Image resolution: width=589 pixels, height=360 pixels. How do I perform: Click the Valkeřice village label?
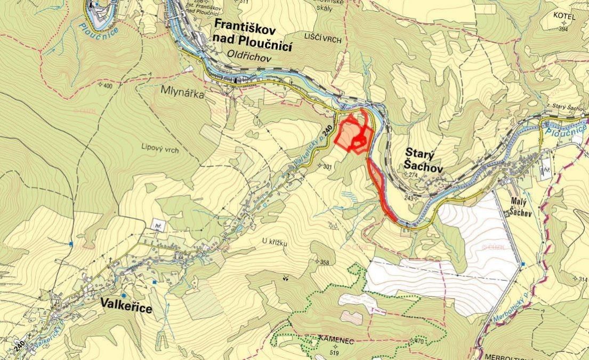126,308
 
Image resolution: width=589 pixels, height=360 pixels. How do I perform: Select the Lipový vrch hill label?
160,150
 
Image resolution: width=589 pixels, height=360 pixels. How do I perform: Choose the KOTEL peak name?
564,17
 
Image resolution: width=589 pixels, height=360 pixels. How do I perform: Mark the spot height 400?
108,86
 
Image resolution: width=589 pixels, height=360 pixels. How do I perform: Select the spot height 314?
583,279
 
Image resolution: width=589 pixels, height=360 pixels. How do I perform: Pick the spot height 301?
327,166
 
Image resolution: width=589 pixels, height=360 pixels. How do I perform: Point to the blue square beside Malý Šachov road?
524,264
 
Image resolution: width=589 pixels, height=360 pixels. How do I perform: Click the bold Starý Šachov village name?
420,159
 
